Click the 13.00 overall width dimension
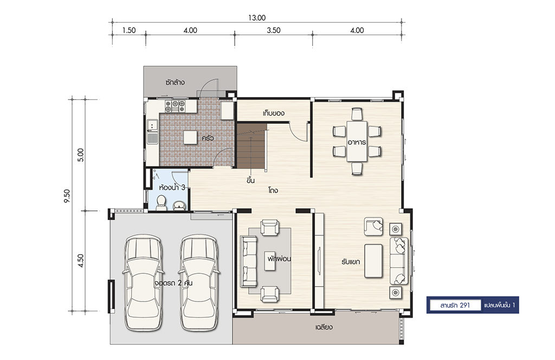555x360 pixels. [256, 18]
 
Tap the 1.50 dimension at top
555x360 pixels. [129, 30]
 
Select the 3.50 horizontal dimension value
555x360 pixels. [274, 30]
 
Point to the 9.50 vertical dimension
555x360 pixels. [67, 196]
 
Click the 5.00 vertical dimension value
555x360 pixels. [81, 155]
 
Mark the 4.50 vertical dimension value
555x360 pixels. [81, 261]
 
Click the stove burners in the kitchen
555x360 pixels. [175, 106]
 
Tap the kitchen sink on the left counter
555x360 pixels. [152, 132]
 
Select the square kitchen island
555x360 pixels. [190, 137]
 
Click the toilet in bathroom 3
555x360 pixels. [162, 202]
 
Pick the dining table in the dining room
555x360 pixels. [357, 142]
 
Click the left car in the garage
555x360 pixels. [143, 282]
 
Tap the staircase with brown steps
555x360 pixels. [251, 146]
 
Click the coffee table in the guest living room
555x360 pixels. [373, 261]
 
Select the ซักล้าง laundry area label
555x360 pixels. [175, 82]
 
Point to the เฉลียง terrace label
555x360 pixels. [324, 327]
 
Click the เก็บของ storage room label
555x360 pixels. [274, 113]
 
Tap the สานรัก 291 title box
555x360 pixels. [455, 305]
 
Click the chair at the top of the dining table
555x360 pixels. [357, 114]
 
